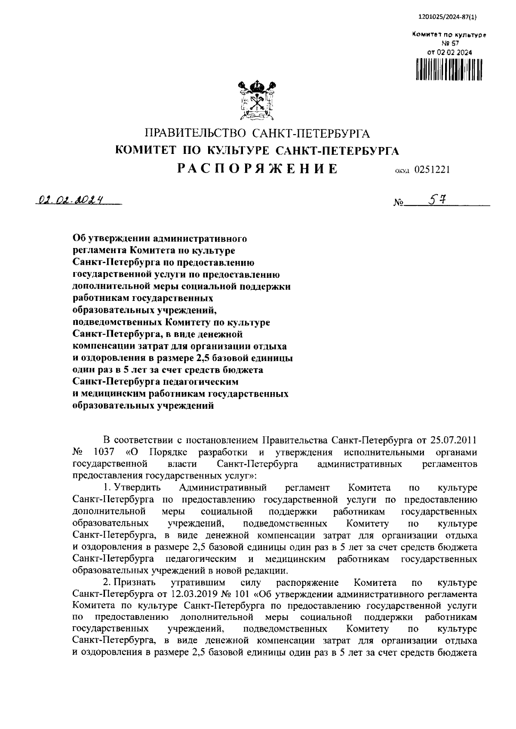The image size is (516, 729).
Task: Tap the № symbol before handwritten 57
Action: coord(398,202)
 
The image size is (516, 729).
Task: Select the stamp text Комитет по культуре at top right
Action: coord(449,34)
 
